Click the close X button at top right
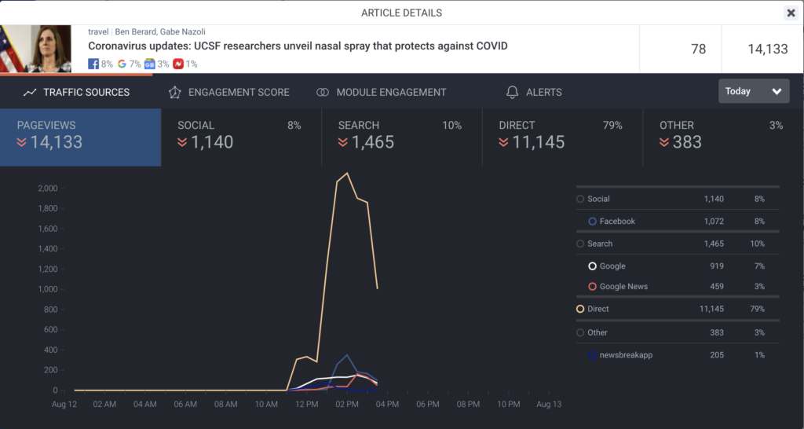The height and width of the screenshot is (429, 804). pyautogui.click(x=791, y=13)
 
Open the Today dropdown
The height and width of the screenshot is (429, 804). pyautogui.click(x=754, y=91)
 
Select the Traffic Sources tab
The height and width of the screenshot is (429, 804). pyautogui.click(x=77, y=92)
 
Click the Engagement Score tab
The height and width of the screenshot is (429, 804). pyautogui.click(x=229, y=92)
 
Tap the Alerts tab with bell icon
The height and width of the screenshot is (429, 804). pyautogui.click(x=535, y=92)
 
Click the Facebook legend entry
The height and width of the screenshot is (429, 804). pyautogui.click(x=617, y=222)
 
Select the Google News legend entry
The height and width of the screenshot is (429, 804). pyautogui.click(x=623, y=287)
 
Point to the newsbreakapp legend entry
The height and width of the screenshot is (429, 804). pyautogui.click(x=626, y=355)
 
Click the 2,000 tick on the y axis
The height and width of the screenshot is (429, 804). pyautogui.click(x=47, y=189)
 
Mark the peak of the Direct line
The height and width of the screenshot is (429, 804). pyautogui.click(x=347, y=173)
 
